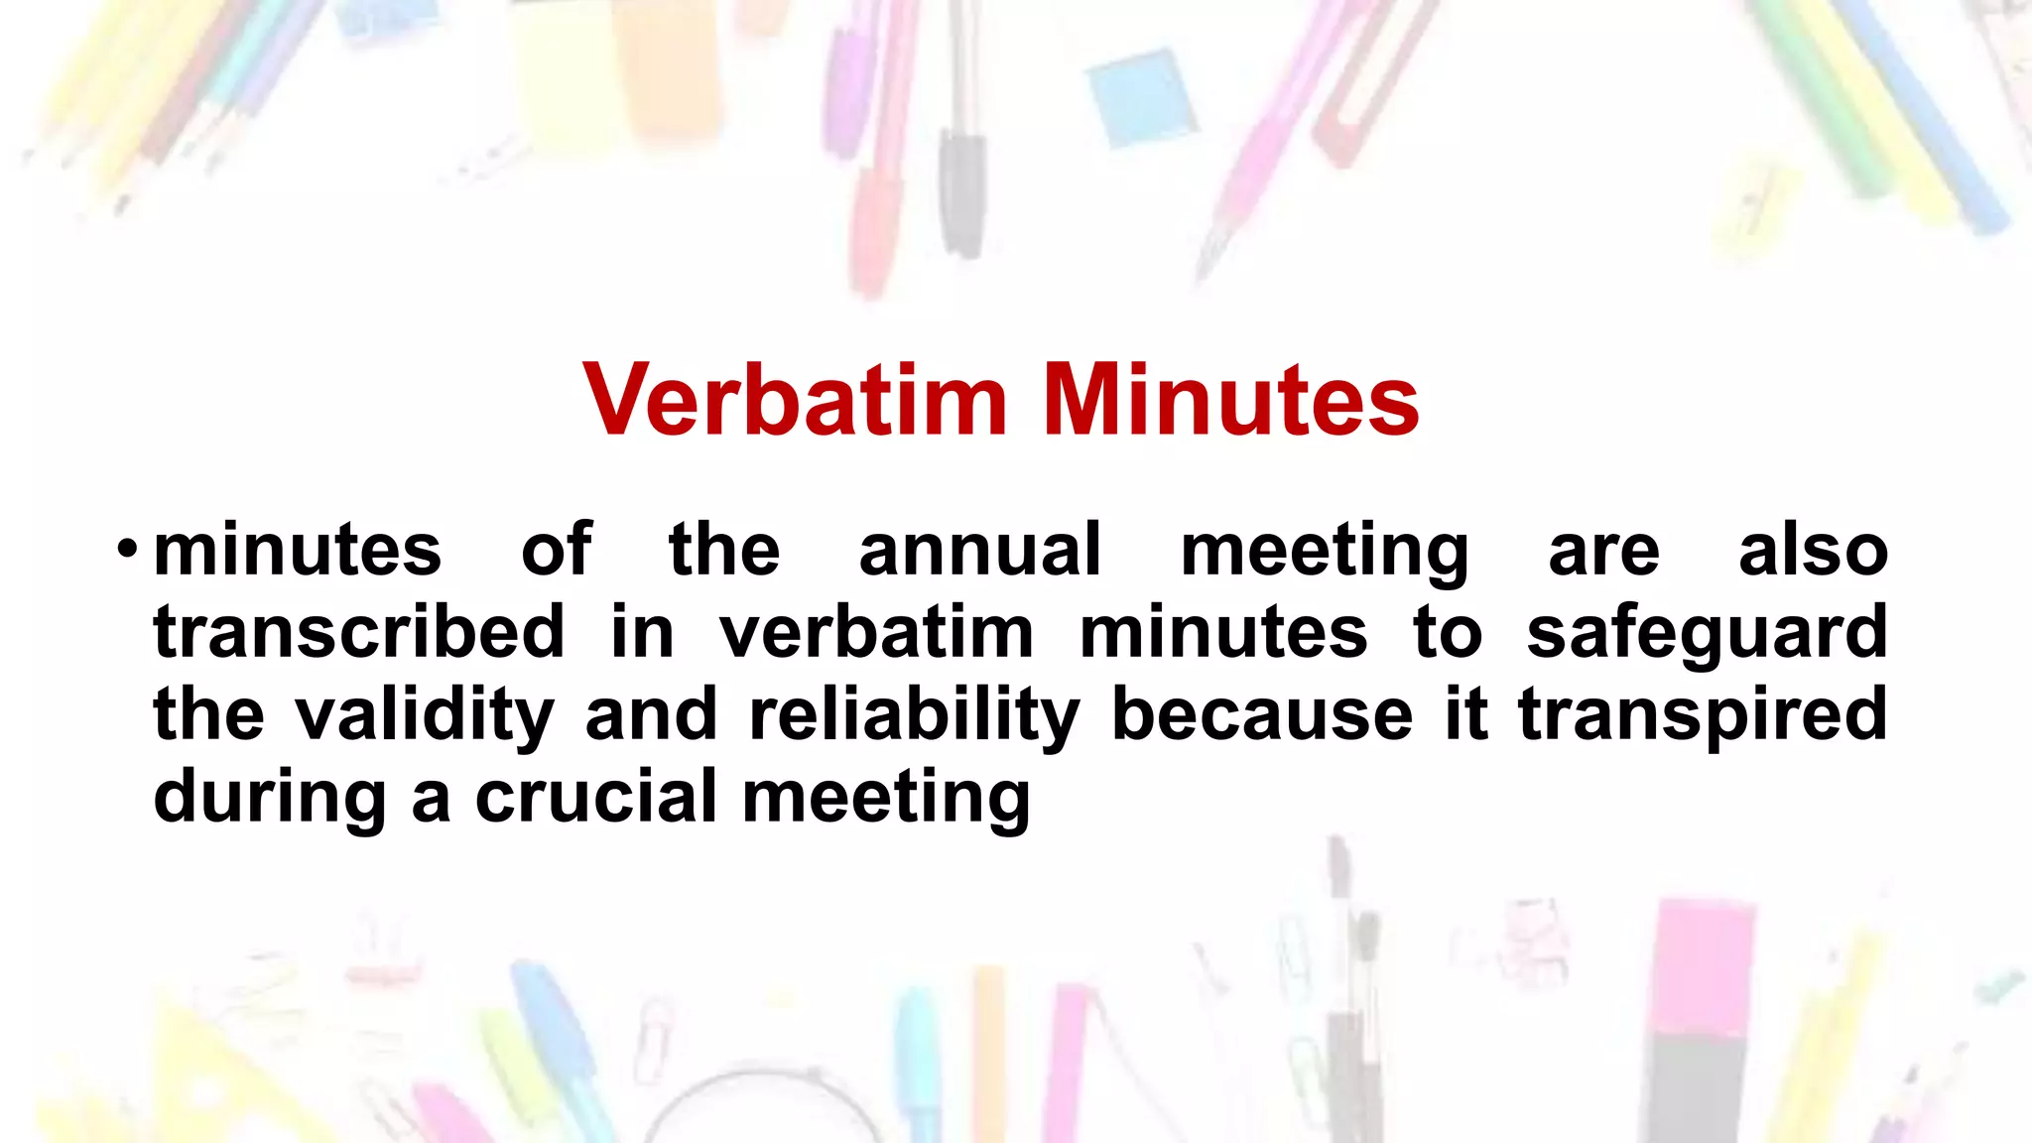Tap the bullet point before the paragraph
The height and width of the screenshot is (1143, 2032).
point(126,549)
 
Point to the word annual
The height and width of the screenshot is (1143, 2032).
point(980,551)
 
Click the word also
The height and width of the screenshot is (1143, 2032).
point(1813,551)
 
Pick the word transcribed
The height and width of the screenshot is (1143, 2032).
point(359,632)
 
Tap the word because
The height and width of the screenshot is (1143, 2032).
point(1262,714)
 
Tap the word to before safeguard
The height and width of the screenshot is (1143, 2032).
point(1448,633)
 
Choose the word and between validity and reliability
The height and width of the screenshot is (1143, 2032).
point(651,714)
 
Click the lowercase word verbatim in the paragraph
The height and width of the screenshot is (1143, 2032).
point(876,632)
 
